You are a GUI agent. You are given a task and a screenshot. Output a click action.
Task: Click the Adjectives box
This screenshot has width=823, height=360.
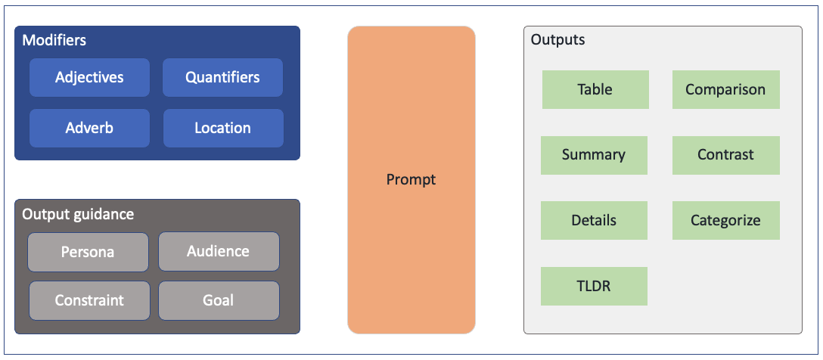89,78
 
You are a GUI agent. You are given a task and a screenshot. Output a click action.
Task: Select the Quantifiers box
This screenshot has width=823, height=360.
222,78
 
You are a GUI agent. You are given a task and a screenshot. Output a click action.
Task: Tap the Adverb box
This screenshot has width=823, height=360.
89,128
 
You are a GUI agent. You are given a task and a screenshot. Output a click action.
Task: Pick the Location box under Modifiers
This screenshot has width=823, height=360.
223,128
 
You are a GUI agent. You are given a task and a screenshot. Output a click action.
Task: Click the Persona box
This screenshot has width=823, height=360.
89,253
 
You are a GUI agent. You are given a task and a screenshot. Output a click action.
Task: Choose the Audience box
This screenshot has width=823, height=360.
219,251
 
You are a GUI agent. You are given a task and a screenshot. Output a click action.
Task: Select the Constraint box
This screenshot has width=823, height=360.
89,301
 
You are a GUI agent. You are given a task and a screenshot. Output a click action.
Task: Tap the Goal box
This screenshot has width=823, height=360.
219,301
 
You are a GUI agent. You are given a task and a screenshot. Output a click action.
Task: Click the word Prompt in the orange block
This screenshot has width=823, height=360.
411,179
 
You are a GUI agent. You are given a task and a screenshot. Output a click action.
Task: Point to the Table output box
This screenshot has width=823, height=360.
595,90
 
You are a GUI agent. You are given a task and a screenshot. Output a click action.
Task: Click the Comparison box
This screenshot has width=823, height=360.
726,90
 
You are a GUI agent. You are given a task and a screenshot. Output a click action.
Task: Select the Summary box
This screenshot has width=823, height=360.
594,155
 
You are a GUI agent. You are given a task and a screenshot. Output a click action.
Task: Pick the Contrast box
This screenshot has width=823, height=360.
726,155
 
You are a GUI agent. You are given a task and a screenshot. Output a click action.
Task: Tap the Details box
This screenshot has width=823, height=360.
594,220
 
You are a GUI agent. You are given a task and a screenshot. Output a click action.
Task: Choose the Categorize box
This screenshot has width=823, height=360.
726,220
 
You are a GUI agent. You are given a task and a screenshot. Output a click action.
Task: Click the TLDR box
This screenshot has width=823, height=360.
594,286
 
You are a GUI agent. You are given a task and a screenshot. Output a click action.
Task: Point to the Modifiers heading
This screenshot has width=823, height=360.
54,40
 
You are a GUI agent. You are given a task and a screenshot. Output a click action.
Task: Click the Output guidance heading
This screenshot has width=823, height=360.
78,215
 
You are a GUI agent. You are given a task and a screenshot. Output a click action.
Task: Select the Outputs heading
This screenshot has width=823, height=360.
558,40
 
